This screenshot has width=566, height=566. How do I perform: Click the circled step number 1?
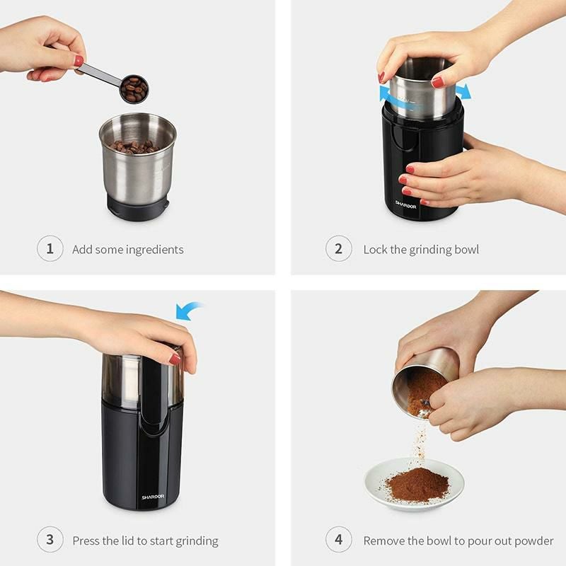click(50, 249)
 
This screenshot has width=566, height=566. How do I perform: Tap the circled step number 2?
click(339, 249)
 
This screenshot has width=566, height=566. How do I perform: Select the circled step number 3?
click(50, 541)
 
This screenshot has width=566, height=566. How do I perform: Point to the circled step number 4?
click(339, 541)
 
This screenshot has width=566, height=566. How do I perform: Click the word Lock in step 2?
click(376, 250)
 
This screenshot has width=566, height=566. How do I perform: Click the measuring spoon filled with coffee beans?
click(133, 89)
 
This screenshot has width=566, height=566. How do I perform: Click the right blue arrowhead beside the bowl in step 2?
click(463, 91)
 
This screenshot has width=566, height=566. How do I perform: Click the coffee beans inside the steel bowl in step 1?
click(134, 147)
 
